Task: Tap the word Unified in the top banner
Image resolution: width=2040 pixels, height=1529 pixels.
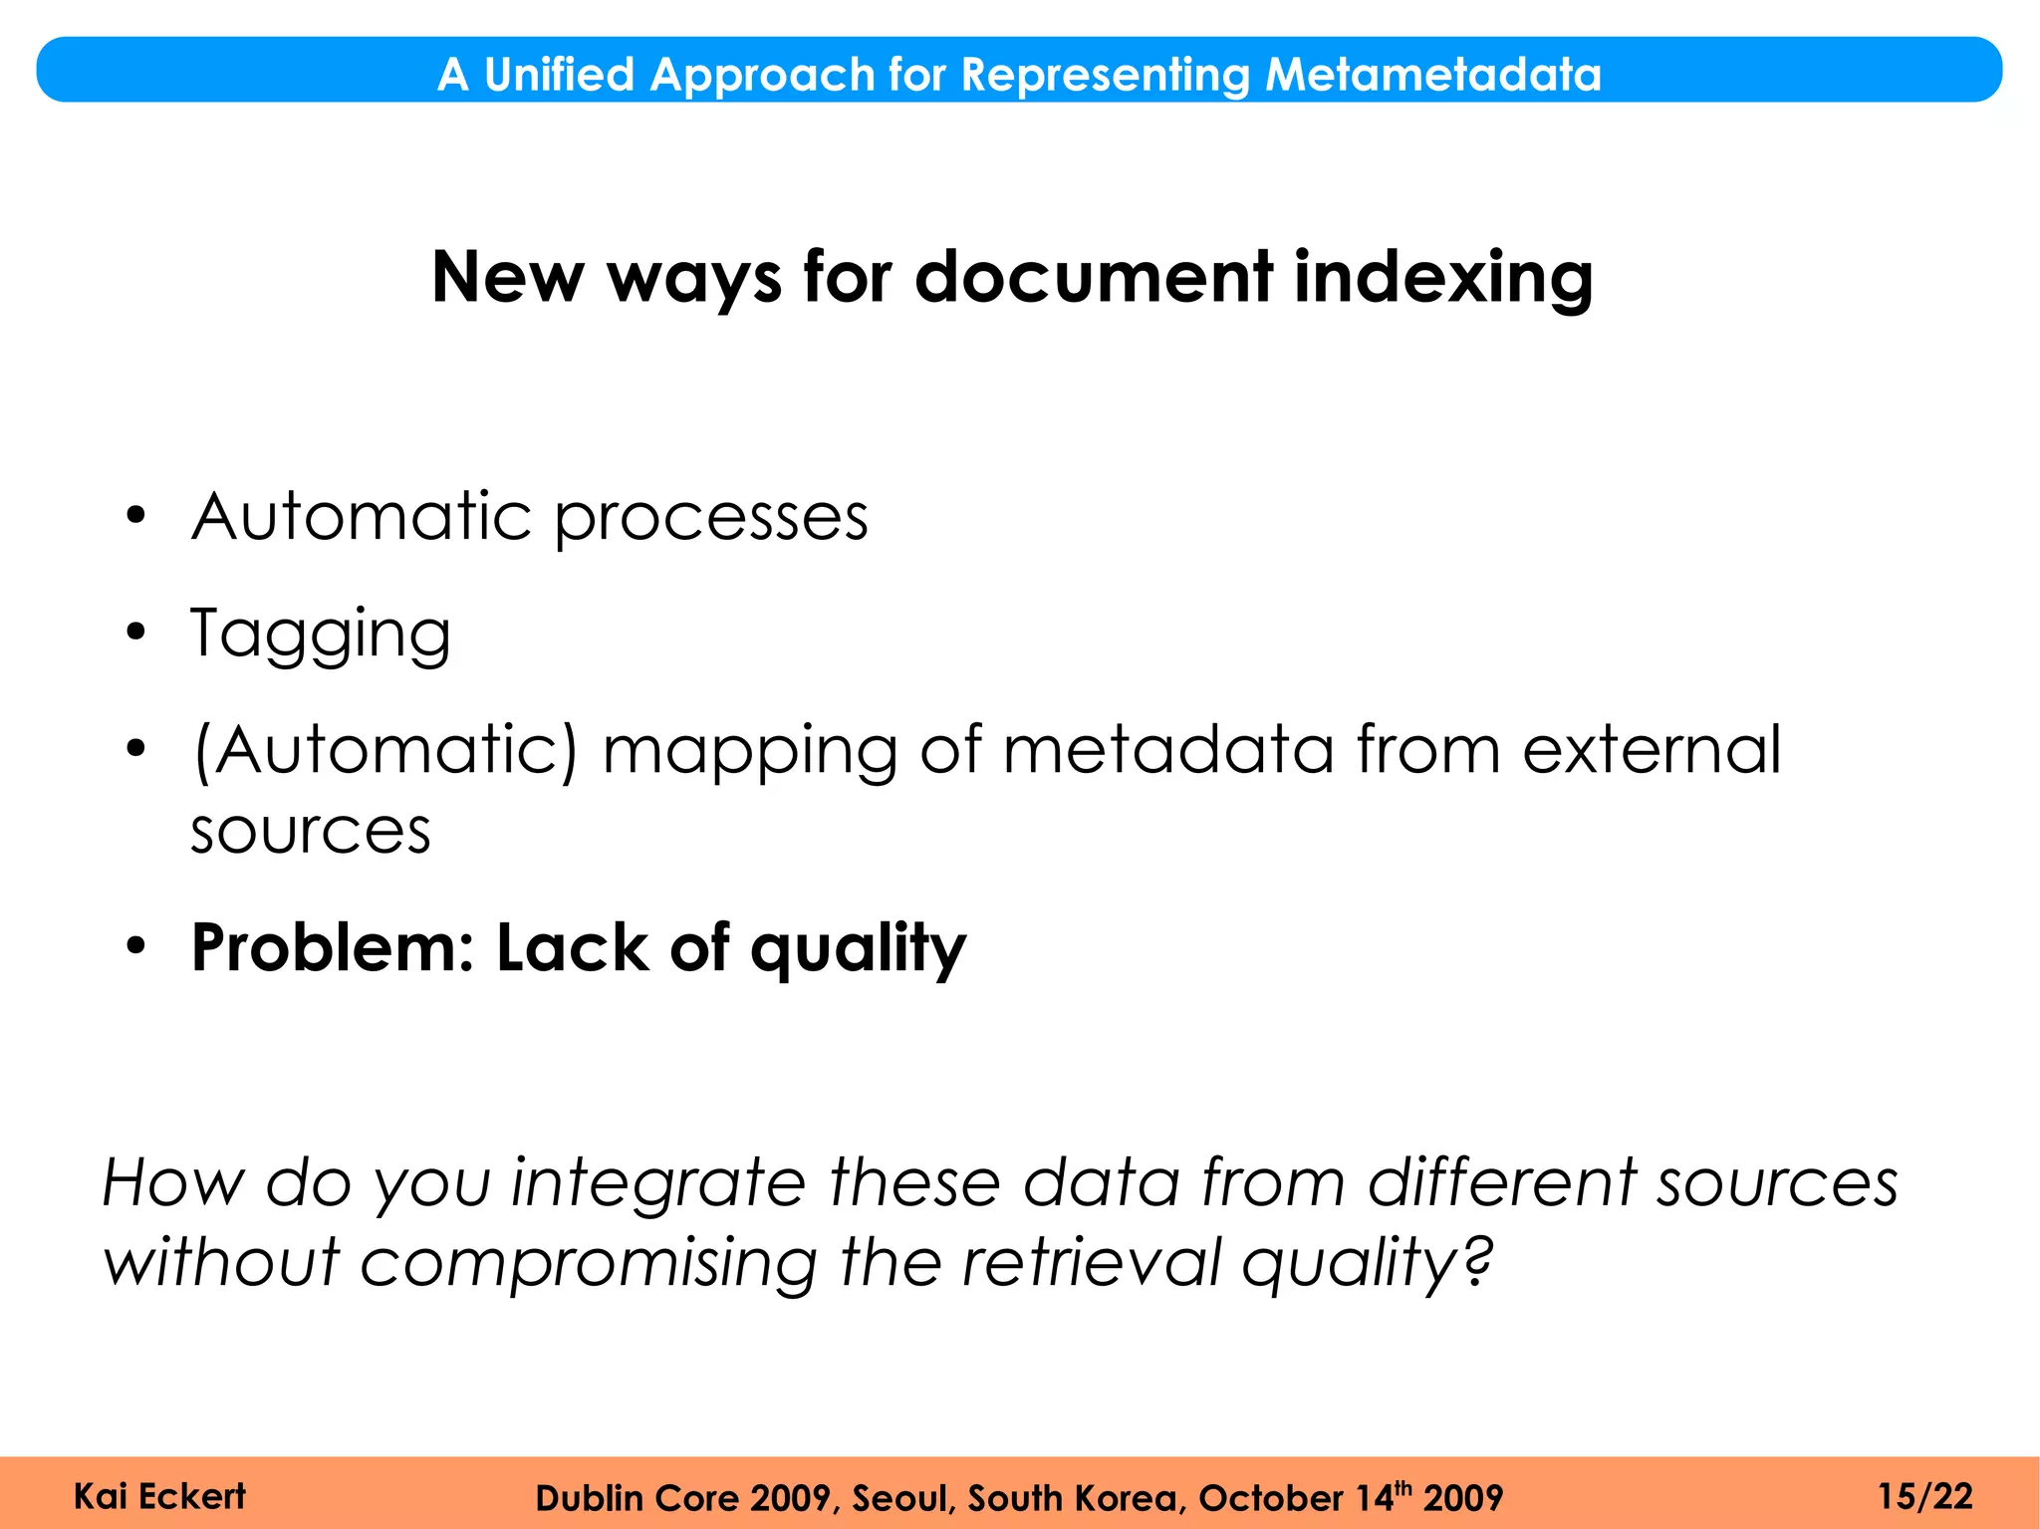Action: coord(559,75)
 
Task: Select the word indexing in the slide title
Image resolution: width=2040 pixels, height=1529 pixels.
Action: coord(1443,277)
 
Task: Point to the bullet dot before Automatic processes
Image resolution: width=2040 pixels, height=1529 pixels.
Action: coord(136,516)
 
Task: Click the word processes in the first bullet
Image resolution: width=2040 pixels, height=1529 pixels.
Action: coord(711,518)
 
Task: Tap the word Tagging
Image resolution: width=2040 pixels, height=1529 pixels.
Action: coord(321,635)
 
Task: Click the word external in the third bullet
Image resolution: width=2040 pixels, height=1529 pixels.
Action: coord(1652,749)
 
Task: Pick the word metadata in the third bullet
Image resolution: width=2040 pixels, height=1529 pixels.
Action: coord(1167,749)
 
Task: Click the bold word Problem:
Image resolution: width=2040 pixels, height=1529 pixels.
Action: coord(334,947)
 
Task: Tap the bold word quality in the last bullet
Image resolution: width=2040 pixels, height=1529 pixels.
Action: coord(858,949)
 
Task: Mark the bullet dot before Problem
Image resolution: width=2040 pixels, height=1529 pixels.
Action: coord(136,945)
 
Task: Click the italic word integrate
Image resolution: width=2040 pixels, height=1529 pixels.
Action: coord(657,1183)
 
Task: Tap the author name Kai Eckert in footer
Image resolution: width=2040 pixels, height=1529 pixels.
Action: coord(159,1496)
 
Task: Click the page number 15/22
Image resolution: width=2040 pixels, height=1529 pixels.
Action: coord(1924,1496)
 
